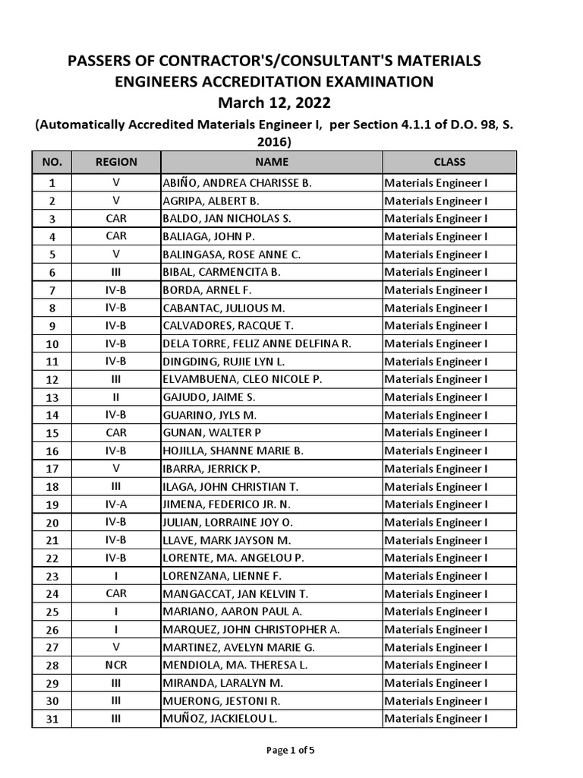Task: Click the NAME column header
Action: (271, 162)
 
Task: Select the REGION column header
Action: (116, 162)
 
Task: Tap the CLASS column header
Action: (449, 162)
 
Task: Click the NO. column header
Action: (52, 162)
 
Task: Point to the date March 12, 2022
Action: (275, 102)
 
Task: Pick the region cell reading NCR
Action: (116, 665)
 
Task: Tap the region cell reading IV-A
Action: (116, 504)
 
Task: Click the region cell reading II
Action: (116, 397)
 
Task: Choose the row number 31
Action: (52, 719)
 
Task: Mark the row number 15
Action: (52, 433)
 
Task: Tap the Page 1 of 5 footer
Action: (290, 751)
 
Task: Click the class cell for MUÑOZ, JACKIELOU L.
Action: (436, 719)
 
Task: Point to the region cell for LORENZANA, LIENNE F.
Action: (116, 576)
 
